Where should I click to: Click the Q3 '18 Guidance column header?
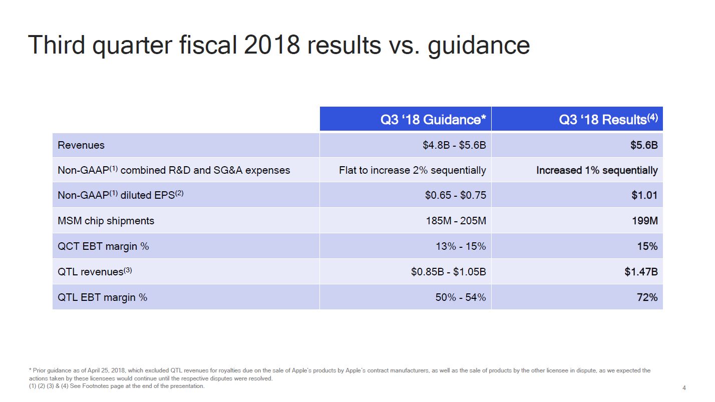pyautogui.click(x=433, y=120)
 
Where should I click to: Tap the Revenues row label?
pyautogui.click(x=81, y=145)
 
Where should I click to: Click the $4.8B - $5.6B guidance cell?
pyautogui.click(x=454, y=145)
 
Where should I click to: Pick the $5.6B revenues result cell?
pyautogui.click(x=643, y=145)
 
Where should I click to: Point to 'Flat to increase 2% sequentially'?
pyautogui.click(x=412, y=170)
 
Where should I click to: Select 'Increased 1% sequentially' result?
pyautogui.click(x=597, y=170)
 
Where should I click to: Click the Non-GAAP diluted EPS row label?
pyautogui.click(x=121, y=195)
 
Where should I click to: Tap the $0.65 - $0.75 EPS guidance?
pyautogui.click(x=455, y=195)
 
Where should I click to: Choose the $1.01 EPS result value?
pyautogui.click(x=644, y=195)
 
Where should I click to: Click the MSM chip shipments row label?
pyautogui.click(x=106, y=221)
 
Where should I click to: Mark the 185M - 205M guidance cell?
pyautogui.click(x=455, y=221)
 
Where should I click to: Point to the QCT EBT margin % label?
pyautogui.click(x=103, y=246)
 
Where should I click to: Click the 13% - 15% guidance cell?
pyautogui.click(x=459, y=246)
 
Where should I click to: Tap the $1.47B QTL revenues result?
pyautogui.click(x=641, y=272)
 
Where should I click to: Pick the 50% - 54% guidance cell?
pyautogui.click(x=459, y=297)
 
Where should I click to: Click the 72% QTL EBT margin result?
pyautogui.click(x=646, y=297)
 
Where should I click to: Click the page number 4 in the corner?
pyautogui.click(x=684, y=388)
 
